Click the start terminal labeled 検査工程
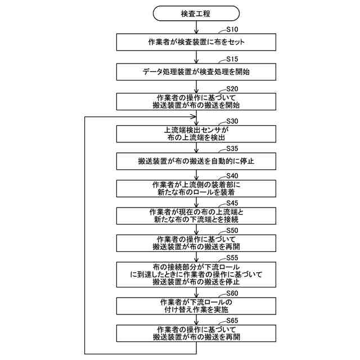click(196, 12)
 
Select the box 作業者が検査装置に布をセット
click(196, 42)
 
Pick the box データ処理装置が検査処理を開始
click(196, 72)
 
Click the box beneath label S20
click(196, 101)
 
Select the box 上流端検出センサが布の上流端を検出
click(196, 133)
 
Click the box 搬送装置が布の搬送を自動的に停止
click(196, 162)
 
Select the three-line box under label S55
click(196, 274)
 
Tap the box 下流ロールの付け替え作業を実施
click(196, 305)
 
